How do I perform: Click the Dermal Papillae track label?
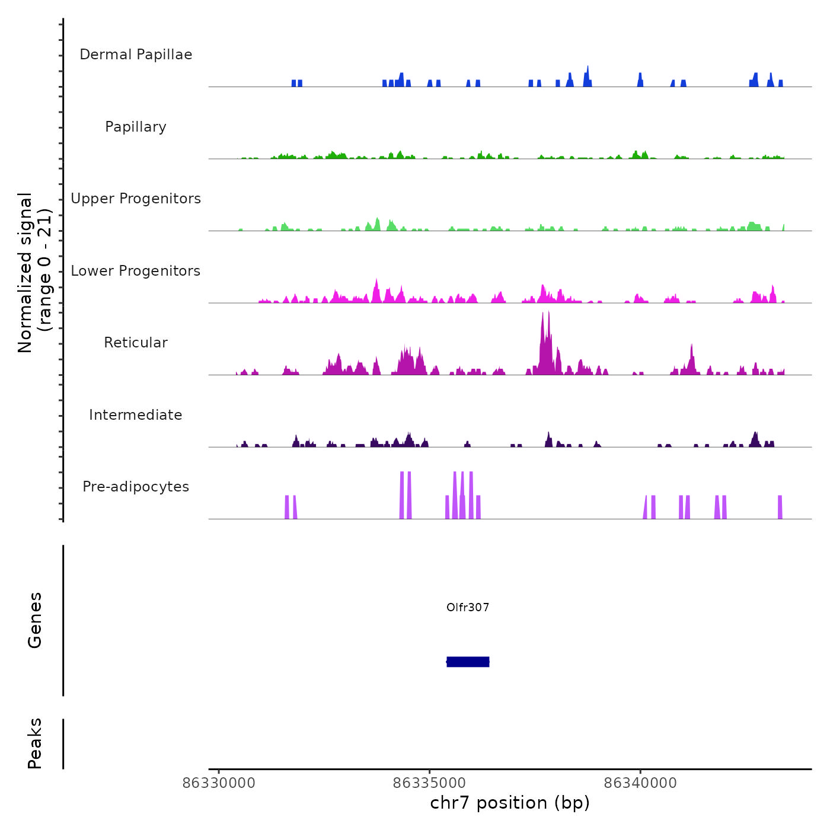pos(136,55)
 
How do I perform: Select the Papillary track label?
pos(136,127)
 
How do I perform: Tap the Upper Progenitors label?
pos(136,199)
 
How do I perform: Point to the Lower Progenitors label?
pos(136,271)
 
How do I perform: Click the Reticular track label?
pos(136,343)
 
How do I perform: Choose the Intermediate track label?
pos(136,415)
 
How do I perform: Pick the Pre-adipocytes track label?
pos(136,487)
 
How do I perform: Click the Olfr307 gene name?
pos(468,607)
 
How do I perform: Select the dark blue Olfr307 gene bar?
pos(468,662)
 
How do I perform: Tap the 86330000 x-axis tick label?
pos(219,783)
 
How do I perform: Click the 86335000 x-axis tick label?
pos(430,783)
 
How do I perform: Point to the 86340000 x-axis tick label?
pos(640,783)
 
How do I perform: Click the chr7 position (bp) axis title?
pos(510,803)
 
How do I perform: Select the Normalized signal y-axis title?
pos(34,272)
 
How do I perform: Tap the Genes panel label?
pos(35,620)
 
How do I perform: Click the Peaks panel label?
pos(35,743)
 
